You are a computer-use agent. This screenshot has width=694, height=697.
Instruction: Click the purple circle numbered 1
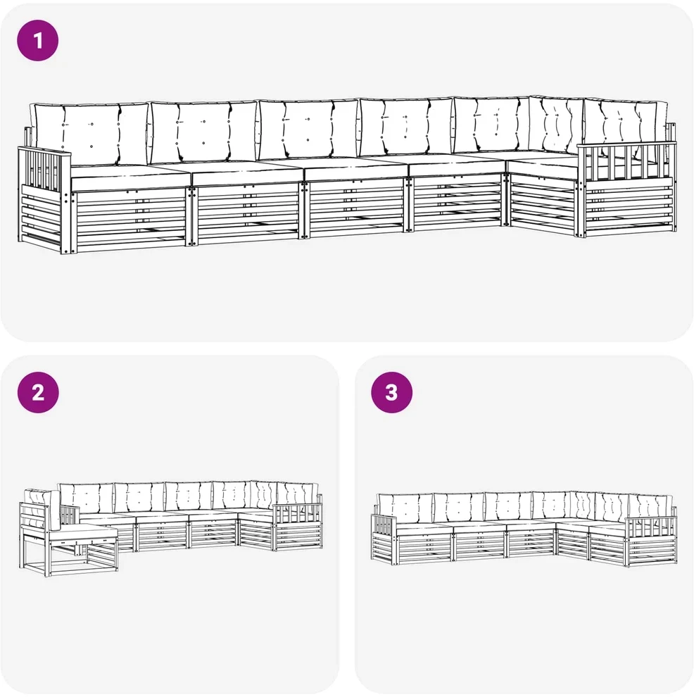[38, 40]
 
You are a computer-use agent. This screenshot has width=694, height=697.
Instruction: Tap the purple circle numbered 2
[38, 393]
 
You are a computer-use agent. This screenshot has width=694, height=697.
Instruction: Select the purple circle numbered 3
[392, 393]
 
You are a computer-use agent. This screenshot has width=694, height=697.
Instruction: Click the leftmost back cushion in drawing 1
[91, 133]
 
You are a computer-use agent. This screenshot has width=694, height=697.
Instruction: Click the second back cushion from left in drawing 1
[203, 132]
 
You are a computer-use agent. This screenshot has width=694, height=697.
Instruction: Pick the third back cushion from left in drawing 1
[308, 129]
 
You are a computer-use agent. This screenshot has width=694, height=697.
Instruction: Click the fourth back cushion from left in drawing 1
[406, 126]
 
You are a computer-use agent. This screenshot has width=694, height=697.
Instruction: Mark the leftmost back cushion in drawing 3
[404, 508]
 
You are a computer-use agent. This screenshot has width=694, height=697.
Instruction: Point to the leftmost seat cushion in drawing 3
[424, 528]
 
